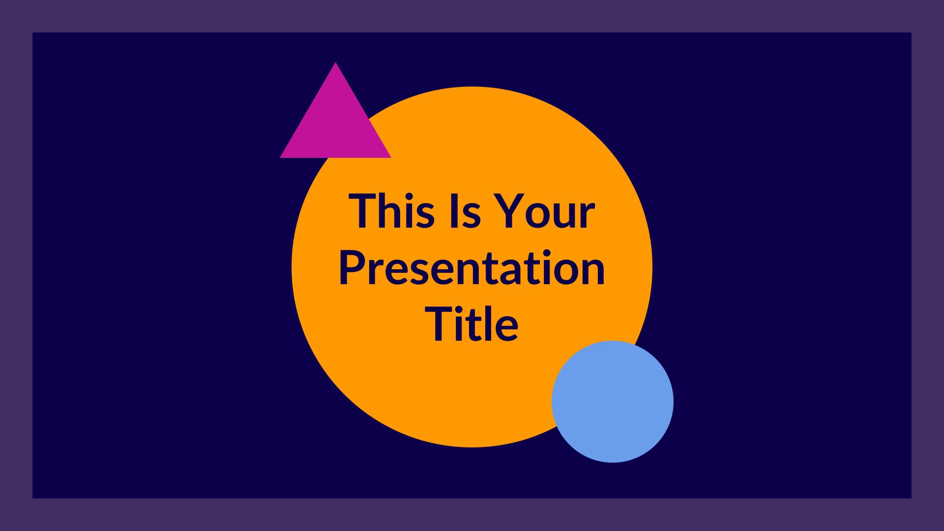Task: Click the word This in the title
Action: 392,211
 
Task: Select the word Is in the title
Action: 464,211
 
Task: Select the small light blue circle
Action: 613,402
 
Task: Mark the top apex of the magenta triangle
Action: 335,62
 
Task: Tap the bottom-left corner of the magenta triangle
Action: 280,157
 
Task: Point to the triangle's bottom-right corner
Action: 391,157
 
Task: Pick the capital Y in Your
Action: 508,211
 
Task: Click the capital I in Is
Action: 452,211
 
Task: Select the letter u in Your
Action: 567,216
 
